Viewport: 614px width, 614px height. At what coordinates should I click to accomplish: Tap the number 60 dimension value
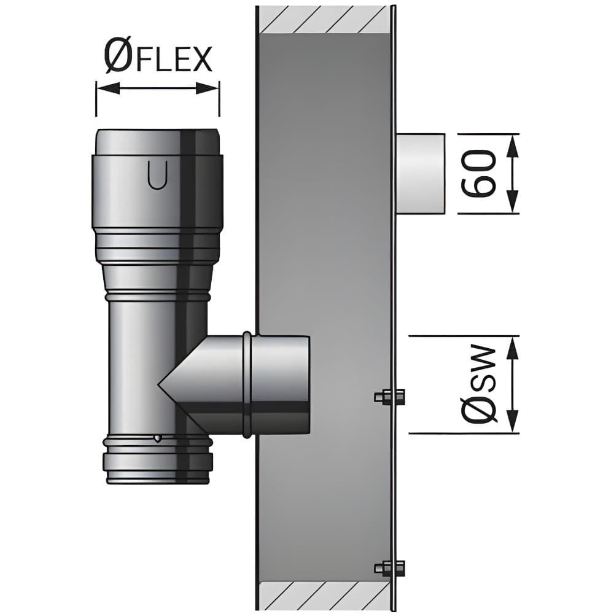478,174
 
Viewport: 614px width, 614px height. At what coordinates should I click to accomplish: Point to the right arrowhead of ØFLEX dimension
208,88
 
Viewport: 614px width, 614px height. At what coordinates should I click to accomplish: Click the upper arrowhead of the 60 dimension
513,146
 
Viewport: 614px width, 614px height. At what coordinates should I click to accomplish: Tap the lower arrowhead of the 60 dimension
513,202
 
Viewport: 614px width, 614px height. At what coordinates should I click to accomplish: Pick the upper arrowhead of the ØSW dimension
513,348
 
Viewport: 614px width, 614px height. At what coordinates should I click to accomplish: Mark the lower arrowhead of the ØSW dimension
513,421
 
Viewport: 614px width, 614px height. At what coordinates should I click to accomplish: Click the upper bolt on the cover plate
390,397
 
